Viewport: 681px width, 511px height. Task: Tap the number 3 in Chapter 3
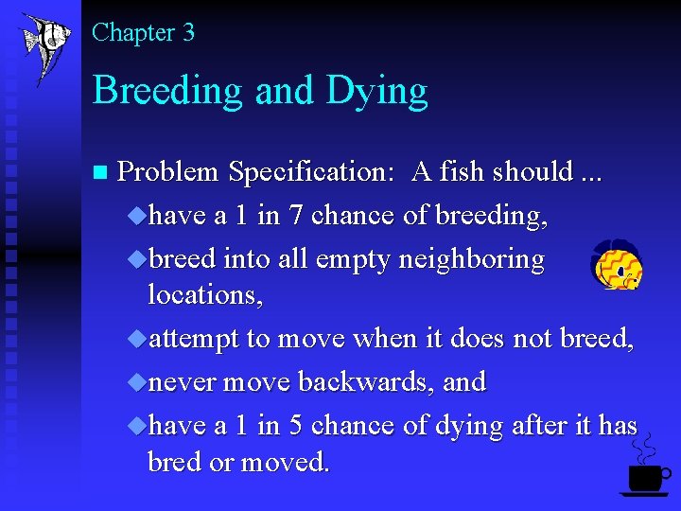188,33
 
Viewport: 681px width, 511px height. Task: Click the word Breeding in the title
156,91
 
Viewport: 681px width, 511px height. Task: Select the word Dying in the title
376,92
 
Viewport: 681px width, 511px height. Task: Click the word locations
205,295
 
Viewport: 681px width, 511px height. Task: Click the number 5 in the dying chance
295,426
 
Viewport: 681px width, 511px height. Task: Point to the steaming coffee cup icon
645,468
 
